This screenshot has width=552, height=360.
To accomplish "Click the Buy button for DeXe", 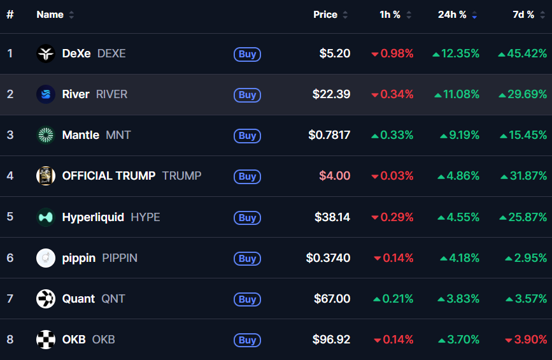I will point(247,54).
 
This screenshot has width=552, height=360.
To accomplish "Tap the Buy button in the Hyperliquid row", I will point(247,218).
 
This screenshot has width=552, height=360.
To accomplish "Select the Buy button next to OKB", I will point(247,340).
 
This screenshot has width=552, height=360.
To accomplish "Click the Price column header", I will point(325,15).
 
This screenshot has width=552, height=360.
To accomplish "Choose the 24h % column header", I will point(452,15).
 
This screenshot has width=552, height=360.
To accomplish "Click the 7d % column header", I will point(523,15).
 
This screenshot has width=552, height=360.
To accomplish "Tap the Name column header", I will point(50,15).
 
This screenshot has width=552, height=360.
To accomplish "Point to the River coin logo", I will point(46,94).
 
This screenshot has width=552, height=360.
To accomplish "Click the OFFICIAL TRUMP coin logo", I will point(46,176).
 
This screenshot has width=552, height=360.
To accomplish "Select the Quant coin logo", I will point(46,299).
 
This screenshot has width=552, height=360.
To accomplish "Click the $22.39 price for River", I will point(331,94).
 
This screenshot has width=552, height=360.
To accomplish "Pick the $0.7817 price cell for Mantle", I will point(329,135).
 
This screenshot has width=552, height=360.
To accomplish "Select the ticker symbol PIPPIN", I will point(120,258).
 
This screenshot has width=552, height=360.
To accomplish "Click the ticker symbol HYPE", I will point(145,217).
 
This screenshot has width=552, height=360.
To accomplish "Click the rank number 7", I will point(10,299).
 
